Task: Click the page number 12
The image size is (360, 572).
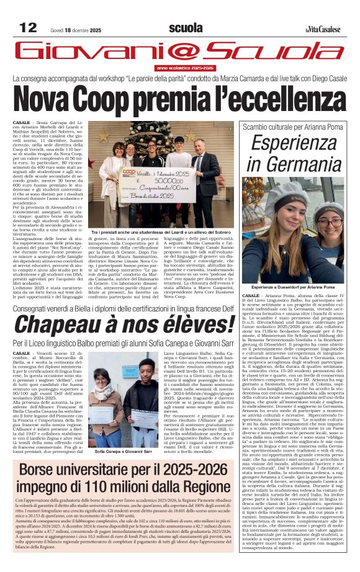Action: (29, 27)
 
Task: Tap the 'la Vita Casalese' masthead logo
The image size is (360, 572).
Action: (322, 29)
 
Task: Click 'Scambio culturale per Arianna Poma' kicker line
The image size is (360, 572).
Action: (292, 127)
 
